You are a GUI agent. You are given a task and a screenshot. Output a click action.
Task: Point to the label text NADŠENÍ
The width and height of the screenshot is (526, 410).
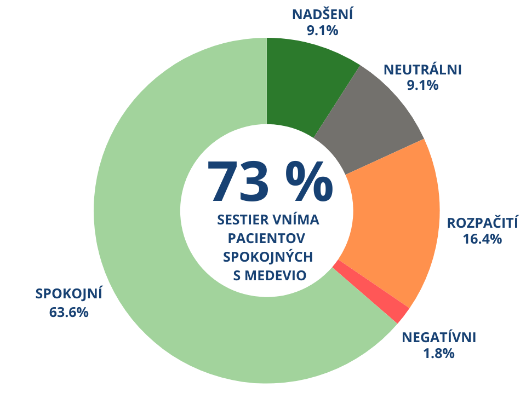click(323, 14)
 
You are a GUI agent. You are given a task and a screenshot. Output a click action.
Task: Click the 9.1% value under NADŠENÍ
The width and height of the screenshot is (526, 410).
click(323, 30)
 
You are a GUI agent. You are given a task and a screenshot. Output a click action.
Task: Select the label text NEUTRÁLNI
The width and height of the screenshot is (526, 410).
click(422, 70)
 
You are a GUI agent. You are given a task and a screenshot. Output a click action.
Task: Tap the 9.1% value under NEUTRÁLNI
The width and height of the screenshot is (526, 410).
click(422, 85)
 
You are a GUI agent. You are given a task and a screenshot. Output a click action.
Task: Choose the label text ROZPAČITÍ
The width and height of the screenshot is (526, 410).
click(482, 223)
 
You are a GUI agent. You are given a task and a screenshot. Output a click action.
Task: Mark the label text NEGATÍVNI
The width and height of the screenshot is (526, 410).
click(439, 337)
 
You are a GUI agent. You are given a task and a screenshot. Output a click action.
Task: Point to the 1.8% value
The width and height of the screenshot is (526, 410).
click(439, 353)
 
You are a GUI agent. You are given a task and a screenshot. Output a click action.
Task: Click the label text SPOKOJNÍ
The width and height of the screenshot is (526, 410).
click(69, 293)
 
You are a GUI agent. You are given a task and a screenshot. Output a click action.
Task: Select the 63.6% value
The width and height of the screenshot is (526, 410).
click(69, 313)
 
